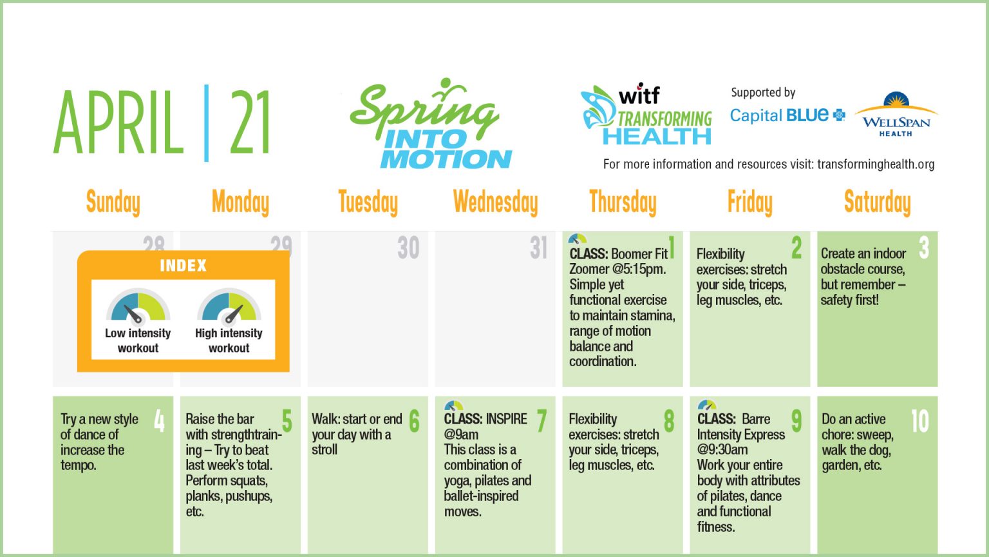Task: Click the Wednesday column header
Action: click(x=495, y=202)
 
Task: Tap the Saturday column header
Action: click(x=877, y=202)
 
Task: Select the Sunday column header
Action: click(x=113, y=202)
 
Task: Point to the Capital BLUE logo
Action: click(x=787, y=115)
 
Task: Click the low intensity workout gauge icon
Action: click(x=137, y=306)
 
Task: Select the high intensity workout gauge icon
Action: click(x=229, y=306)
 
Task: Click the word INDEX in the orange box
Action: click(x=183, y=266)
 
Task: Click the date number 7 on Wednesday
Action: click(x=542, y=422)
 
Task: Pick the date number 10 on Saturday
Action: click(x=919, y=422)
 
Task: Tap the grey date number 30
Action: click(x=408, y=248)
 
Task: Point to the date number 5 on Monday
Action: click(x=287, y=422)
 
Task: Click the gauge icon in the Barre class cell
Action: click(x=707, y=406)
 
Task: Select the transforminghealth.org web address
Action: click(x=876, y=164)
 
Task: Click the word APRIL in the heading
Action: click(x=118, y=124)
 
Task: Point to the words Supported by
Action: click(x=763, y=93)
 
